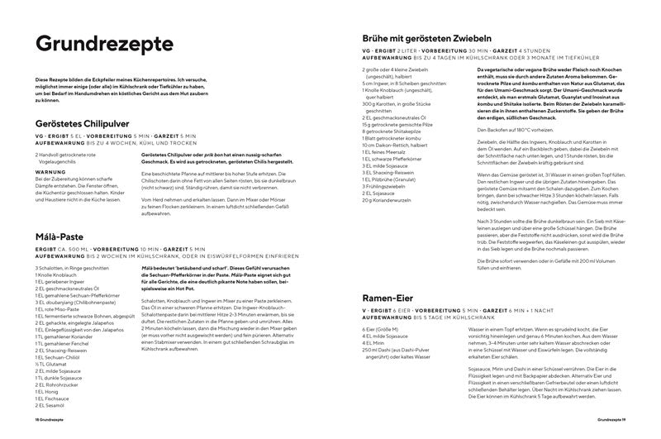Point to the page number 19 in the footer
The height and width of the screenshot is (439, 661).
[625, 422]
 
